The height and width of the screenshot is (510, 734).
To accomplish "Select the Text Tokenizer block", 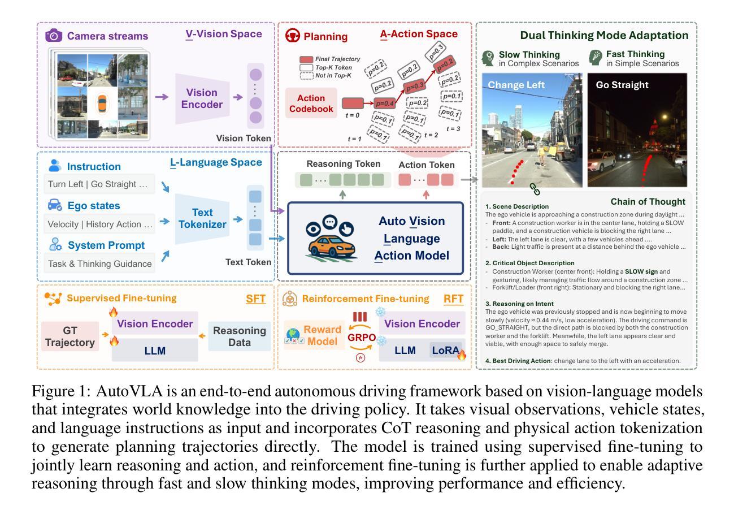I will point(202,218).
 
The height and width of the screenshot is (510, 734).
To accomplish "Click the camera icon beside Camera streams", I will point(54,36).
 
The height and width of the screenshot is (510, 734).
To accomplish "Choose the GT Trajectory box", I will point(70,336).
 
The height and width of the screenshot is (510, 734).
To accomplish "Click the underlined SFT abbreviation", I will point(255,299).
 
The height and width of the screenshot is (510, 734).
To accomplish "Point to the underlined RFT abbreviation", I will point(454,299).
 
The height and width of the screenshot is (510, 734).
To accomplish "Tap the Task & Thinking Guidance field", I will point(99,263).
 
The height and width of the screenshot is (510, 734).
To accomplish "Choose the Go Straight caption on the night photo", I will point(622,85).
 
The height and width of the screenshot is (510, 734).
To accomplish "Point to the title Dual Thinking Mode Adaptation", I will point(604,36).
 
